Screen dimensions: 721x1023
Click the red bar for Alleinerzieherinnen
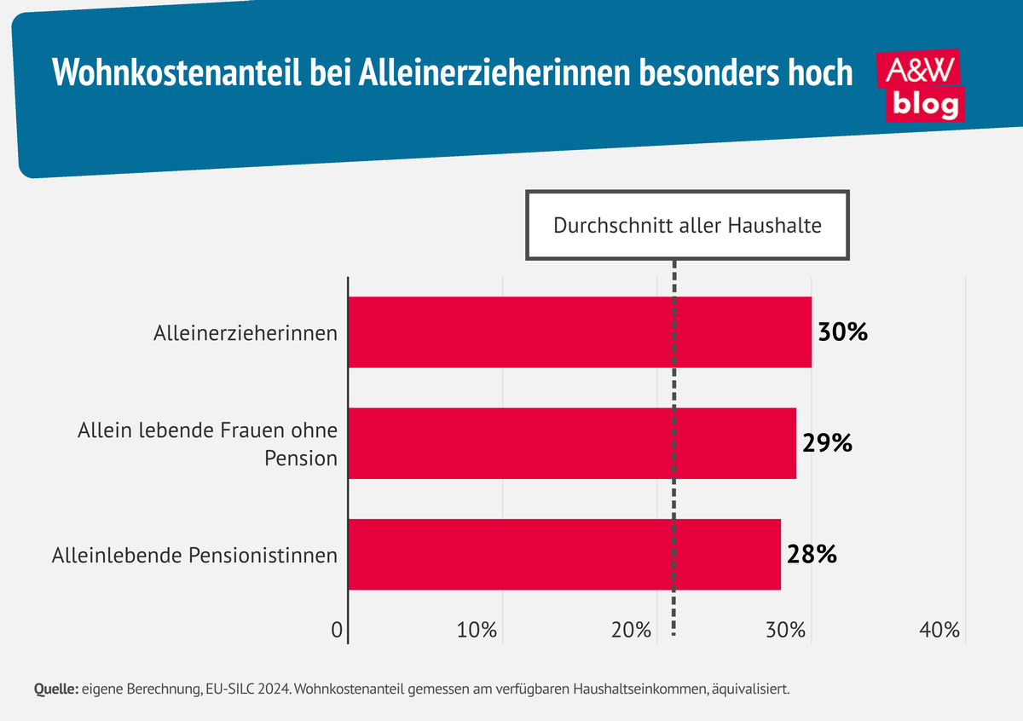pyautogui.click(x=580, y=332)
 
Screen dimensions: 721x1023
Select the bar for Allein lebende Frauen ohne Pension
pyautogui.click(x=572, y=443)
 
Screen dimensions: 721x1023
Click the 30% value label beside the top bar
pyautogui.click(x=842, y=332)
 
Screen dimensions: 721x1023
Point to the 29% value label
pyautogui.click(x=827, y=443)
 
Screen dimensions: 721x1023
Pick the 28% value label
pyautogui.click(x=812, y=555)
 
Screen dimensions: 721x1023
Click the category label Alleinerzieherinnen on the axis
pyautogui.click(x=246, y=333)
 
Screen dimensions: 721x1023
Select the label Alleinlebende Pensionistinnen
pyautogui.click(x=194, y=556)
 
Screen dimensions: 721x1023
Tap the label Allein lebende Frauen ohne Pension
pyautogui.click(x=207, y=443)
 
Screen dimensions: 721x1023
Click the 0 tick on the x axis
pyautogui.click(x=337, y=631)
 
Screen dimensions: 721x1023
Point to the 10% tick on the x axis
pyautogui.click(x=477, y=631)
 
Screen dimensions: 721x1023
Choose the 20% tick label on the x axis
pyautogui.click(x=632, y=631)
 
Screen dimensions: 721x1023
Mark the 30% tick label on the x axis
pyautogui.click(x=786, y=631)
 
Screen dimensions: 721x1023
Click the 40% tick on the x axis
pyautogui.click(x=940, y=631)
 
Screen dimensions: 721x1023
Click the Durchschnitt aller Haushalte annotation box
pyautogui.click(x=687, y=226)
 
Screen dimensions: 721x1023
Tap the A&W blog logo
pyautogui.click(x=922, y=85)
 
